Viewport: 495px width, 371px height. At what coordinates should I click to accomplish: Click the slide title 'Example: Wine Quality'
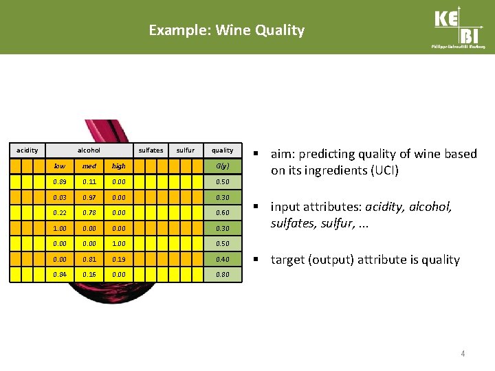pyautogui.click(x=226, y=30)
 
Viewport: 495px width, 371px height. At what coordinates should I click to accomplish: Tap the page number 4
pyautogui.click(x=463, y=354)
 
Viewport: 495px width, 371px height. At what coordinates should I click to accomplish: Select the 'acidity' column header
pyautogui.click(x=27, y=150)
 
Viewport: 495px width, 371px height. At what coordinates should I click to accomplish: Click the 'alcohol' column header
pyautogui.click(x=89, y=150)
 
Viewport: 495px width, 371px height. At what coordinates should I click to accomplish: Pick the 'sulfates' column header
pyautogui.click(x=151, y=150)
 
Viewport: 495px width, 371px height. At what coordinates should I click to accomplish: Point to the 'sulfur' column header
pyautogui.click(x=186, y=150)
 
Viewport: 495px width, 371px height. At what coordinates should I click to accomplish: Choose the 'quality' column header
pyautogui.click(x=222, y=150)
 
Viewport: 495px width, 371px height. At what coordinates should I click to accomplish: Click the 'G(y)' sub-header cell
pyautogui.click(x=222, y=166)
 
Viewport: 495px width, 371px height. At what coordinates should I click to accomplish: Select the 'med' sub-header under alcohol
pyautogui.click(x=89, y=166)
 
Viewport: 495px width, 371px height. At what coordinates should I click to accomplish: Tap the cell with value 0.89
pyautogui.click(x=60, y=181)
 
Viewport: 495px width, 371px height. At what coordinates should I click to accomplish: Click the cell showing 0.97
pyautogui.click(x=89, y=197)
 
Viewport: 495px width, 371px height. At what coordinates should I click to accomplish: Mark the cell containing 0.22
pyautogui.click(x=60, y=213)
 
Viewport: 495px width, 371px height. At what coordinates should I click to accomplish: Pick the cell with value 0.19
pyautogui.click(x=119, y=260)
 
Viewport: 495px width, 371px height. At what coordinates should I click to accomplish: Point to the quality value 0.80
pyautogui.click(x=222, y=275)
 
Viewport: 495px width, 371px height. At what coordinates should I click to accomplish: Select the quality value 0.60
pyautogui.click(x=222, y=213)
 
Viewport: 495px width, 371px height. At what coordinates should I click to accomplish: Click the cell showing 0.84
pyautogui.click(x=60, y=275)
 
